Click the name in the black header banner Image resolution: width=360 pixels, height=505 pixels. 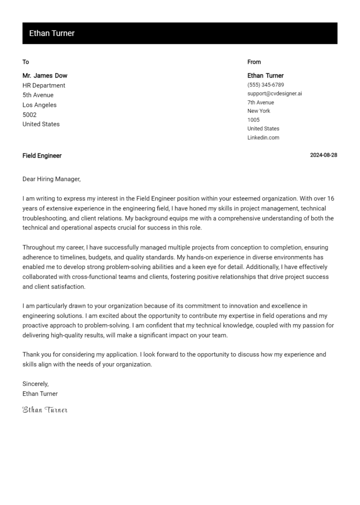click(52, 33)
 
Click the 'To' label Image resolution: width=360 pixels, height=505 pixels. click(26, 62)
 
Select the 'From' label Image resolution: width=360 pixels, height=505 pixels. click(254, 62)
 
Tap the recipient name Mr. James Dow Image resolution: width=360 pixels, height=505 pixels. click(45, 75)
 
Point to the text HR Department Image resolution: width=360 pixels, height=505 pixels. click(44, 85)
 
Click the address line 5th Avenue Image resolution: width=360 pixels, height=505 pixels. click(38, 95)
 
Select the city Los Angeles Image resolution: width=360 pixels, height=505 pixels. click(39, 105)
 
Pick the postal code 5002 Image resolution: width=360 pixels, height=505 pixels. click(30, 115)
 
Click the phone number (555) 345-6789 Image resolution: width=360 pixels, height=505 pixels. click(265, 85)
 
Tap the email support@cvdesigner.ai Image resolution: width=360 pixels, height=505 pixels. click(275, 94)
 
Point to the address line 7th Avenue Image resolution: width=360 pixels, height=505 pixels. click(261, 103)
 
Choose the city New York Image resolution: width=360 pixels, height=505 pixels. click(259, 111)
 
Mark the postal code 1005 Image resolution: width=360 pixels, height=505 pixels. click(254, 120)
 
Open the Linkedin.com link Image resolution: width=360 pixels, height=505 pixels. click(263, 138)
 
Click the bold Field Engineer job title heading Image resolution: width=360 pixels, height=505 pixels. click(42, 156)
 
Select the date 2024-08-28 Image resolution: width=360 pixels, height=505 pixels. click(323, 156)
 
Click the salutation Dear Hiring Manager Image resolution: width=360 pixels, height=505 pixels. click(52, 178)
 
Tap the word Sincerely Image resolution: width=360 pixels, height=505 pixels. click(36, 384)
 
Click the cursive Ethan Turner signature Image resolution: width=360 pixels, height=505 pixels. click(45, 410)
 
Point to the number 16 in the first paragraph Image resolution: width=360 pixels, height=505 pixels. click(330, 198)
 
